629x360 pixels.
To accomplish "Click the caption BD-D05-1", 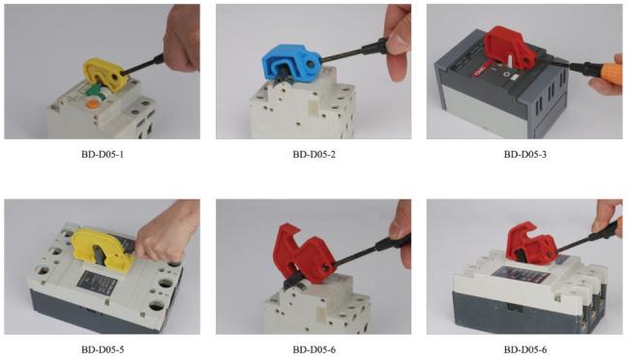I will coord(103,154).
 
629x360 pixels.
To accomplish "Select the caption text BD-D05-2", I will coord(314,154).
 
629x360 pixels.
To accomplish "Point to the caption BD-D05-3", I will coord(524,154).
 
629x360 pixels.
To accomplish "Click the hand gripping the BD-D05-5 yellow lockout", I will coord(166,235).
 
